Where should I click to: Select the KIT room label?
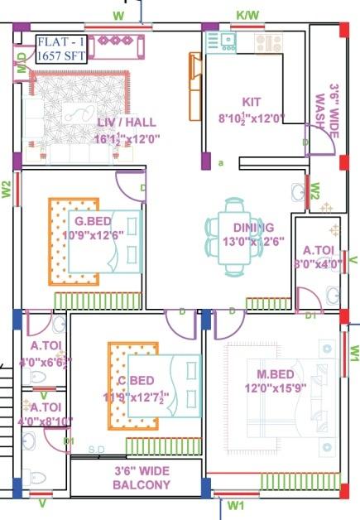(252, 101)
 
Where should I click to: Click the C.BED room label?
(135, 380)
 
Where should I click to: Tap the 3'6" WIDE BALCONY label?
(136, 478)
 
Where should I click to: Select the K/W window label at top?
(247, 15)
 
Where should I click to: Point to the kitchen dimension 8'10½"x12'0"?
(252, 118)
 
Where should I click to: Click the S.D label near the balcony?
(97, 448)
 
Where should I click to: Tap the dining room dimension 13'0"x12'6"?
(253, 242)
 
